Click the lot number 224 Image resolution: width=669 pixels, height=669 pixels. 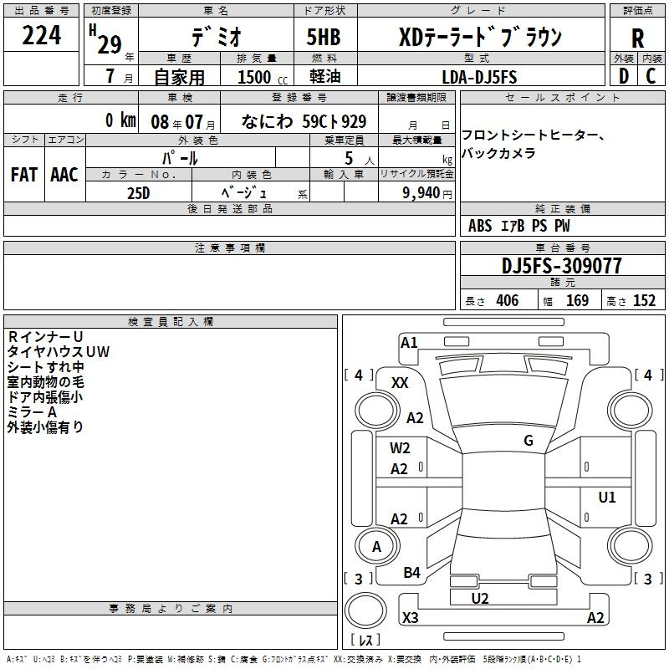tap(41, 35)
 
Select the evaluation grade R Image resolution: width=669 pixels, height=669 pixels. tap(637, 38)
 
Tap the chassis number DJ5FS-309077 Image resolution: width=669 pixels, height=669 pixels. tap(561, 265)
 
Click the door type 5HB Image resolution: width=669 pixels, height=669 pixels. tap(324, 37)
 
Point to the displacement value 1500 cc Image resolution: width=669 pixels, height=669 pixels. tap(263, 77)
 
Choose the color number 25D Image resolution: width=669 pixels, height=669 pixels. tap(139, 193)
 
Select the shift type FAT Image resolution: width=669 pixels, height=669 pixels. tap(24, 174)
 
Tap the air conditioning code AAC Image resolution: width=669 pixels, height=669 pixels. tap(64, 174)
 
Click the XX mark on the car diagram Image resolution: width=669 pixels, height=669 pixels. tap(400, 383)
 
